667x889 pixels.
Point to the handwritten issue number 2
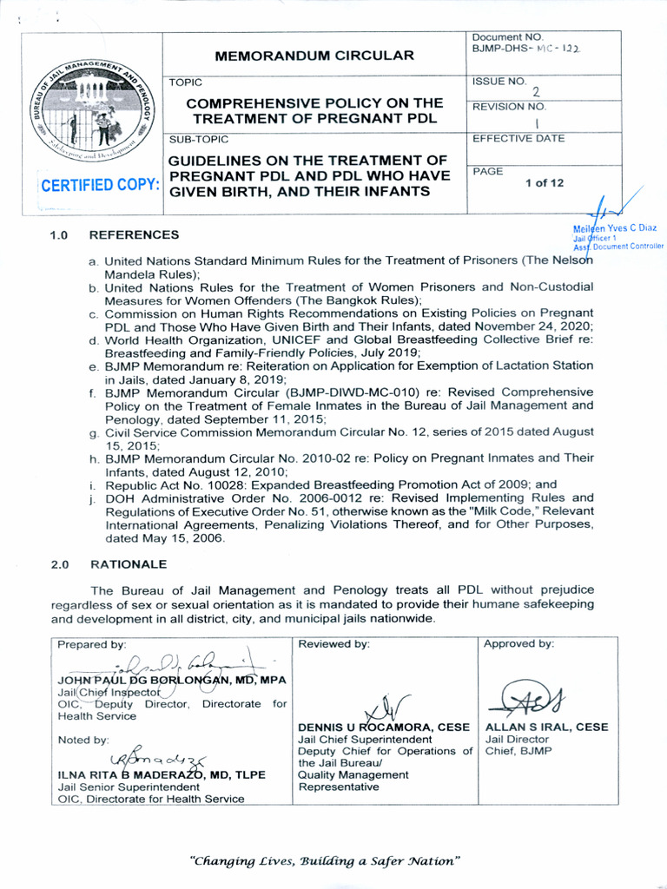point(535,91)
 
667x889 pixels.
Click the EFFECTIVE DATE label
point(518,139)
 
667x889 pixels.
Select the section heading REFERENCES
point(134,234)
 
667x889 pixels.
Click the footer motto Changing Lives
point(324,861)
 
